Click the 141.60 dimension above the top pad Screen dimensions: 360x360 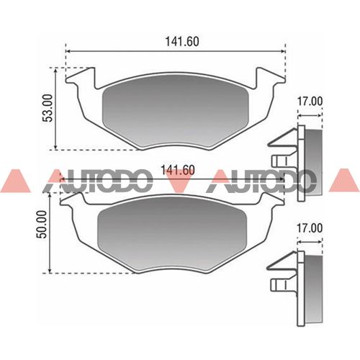coord(182,42)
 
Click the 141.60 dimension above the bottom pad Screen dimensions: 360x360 coord(178,170)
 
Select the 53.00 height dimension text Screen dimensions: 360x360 coord(48,108)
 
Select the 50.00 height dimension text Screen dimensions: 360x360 coord(42,224)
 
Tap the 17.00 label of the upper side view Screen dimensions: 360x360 coord(310,102)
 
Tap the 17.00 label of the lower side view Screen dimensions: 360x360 coord(310,228)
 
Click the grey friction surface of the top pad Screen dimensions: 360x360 coord(175,114)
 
